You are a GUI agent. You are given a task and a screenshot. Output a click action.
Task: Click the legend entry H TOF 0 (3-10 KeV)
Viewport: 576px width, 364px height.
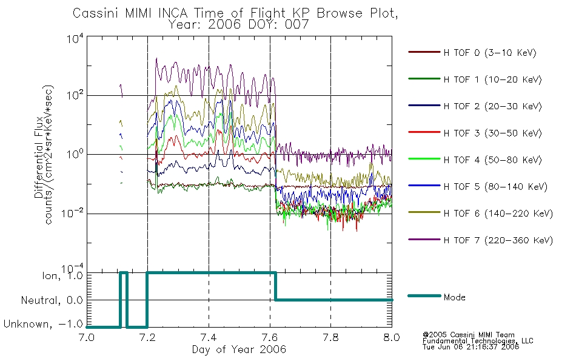coord(490,53)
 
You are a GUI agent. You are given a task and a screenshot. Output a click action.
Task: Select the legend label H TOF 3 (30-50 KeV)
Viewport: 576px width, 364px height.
coord(492,133)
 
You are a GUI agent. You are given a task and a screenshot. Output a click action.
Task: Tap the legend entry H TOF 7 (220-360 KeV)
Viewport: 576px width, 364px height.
coord(498,240)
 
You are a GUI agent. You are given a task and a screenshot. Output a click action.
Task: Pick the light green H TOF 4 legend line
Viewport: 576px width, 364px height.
coord(424,159)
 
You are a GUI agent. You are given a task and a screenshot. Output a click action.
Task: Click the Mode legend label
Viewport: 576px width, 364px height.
coord(454,297)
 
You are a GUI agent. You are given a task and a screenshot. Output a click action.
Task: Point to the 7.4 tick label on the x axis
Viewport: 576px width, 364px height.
coord(209,337)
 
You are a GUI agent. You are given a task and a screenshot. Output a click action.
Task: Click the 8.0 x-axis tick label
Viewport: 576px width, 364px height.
coord(392,337)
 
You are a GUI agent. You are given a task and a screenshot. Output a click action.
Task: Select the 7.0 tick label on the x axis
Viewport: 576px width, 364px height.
coord(87,337)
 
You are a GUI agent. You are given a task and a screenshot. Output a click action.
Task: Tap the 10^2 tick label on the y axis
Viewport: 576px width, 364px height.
coord(75,95)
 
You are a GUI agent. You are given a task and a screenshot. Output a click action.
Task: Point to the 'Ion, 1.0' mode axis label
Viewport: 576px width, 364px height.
coord(62,276)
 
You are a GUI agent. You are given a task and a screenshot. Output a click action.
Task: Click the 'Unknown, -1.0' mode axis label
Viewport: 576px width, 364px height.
coord(43,324)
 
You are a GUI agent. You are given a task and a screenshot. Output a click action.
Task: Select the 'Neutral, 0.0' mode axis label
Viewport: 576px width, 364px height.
coord(52,300)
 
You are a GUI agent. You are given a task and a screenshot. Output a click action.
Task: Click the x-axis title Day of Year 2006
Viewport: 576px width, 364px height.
coord(239,349)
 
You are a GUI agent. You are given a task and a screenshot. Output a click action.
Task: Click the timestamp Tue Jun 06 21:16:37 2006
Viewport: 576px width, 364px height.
coord(471,347)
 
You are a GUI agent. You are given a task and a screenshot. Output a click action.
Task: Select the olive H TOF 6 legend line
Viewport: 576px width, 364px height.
coord(424,212)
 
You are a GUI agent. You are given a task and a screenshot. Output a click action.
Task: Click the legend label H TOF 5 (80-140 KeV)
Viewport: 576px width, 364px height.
coord(495,187)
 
